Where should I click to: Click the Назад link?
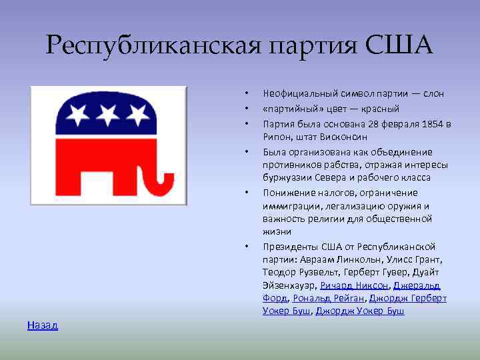click(43, 325)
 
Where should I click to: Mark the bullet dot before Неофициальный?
click(246, 94)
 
